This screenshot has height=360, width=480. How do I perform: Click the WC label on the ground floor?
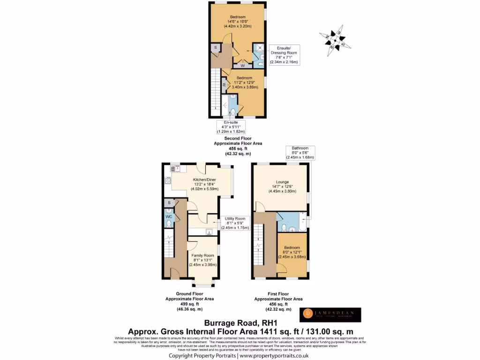(168, 217)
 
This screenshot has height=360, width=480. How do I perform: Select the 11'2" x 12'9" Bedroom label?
(244, 82)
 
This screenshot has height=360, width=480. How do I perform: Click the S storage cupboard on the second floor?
(215, 48)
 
